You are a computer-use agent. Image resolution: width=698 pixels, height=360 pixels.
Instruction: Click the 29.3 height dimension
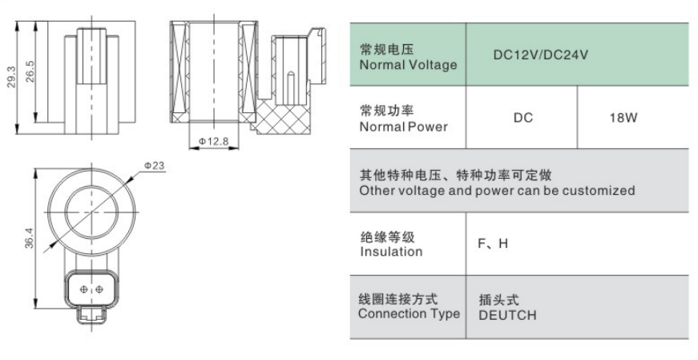pyautogui.click(x=11, y=77)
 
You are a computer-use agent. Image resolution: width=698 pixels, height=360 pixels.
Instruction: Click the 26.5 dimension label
pyautogui.click(x=30, y=71)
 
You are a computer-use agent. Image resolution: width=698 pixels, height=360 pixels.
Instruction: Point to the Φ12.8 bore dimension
pyautogui.click(x=213, y=141)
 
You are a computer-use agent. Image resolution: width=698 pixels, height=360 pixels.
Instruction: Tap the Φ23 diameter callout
pyautogui.click(x=154, y=166)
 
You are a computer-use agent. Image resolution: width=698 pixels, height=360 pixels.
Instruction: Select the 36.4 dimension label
pyautogui.click(x=29, y=237)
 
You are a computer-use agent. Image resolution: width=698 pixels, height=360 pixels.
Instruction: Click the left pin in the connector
pyautogui.click(x=83, y=289)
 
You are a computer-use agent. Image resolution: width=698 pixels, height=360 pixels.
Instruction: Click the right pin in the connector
pyautogui.click(x=99, y=289)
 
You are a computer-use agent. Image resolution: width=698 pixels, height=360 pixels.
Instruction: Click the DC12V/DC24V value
pyautogui.click(x=540, y=55)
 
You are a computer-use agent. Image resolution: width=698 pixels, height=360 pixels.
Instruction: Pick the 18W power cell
pyautogui.click(x=623, y=118)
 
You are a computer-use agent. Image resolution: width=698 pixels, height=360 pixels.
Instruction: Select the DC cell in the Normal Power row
pyautogui.click(x=523, y=118)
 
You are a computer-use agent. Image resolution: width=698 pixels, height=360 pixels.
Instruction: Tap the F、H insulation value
pyautogui.click(x=493, y=243)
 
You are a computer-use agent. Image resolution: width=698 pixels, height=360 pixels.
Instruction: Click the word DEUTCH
pyautogui.click(x=507, y=315)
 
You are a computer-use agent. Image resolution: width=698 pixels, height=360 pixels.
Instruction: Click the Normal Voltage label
pyautogui.click(x=408, y=65)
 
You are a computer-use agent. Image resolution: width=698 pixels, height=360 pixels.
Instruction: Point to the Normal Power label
pyautogui.click(x=403, y=127)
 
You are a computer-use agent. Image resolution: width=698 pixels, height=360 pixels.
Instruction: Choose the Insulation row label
pyautogui.click(x=391, y=252)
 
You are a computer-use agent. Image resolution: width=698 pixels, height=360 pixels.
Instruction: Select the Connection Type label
pyautogui.click(x=409, y=313)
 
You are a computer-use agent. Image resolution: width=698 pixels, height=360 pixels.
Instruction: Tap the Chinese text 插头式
pyautogui.click(x=499, y=299)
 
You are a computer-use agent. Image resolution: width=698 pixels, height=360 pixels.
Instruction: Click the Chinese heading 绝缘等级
pyautogui.click(x=387, y=237)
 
